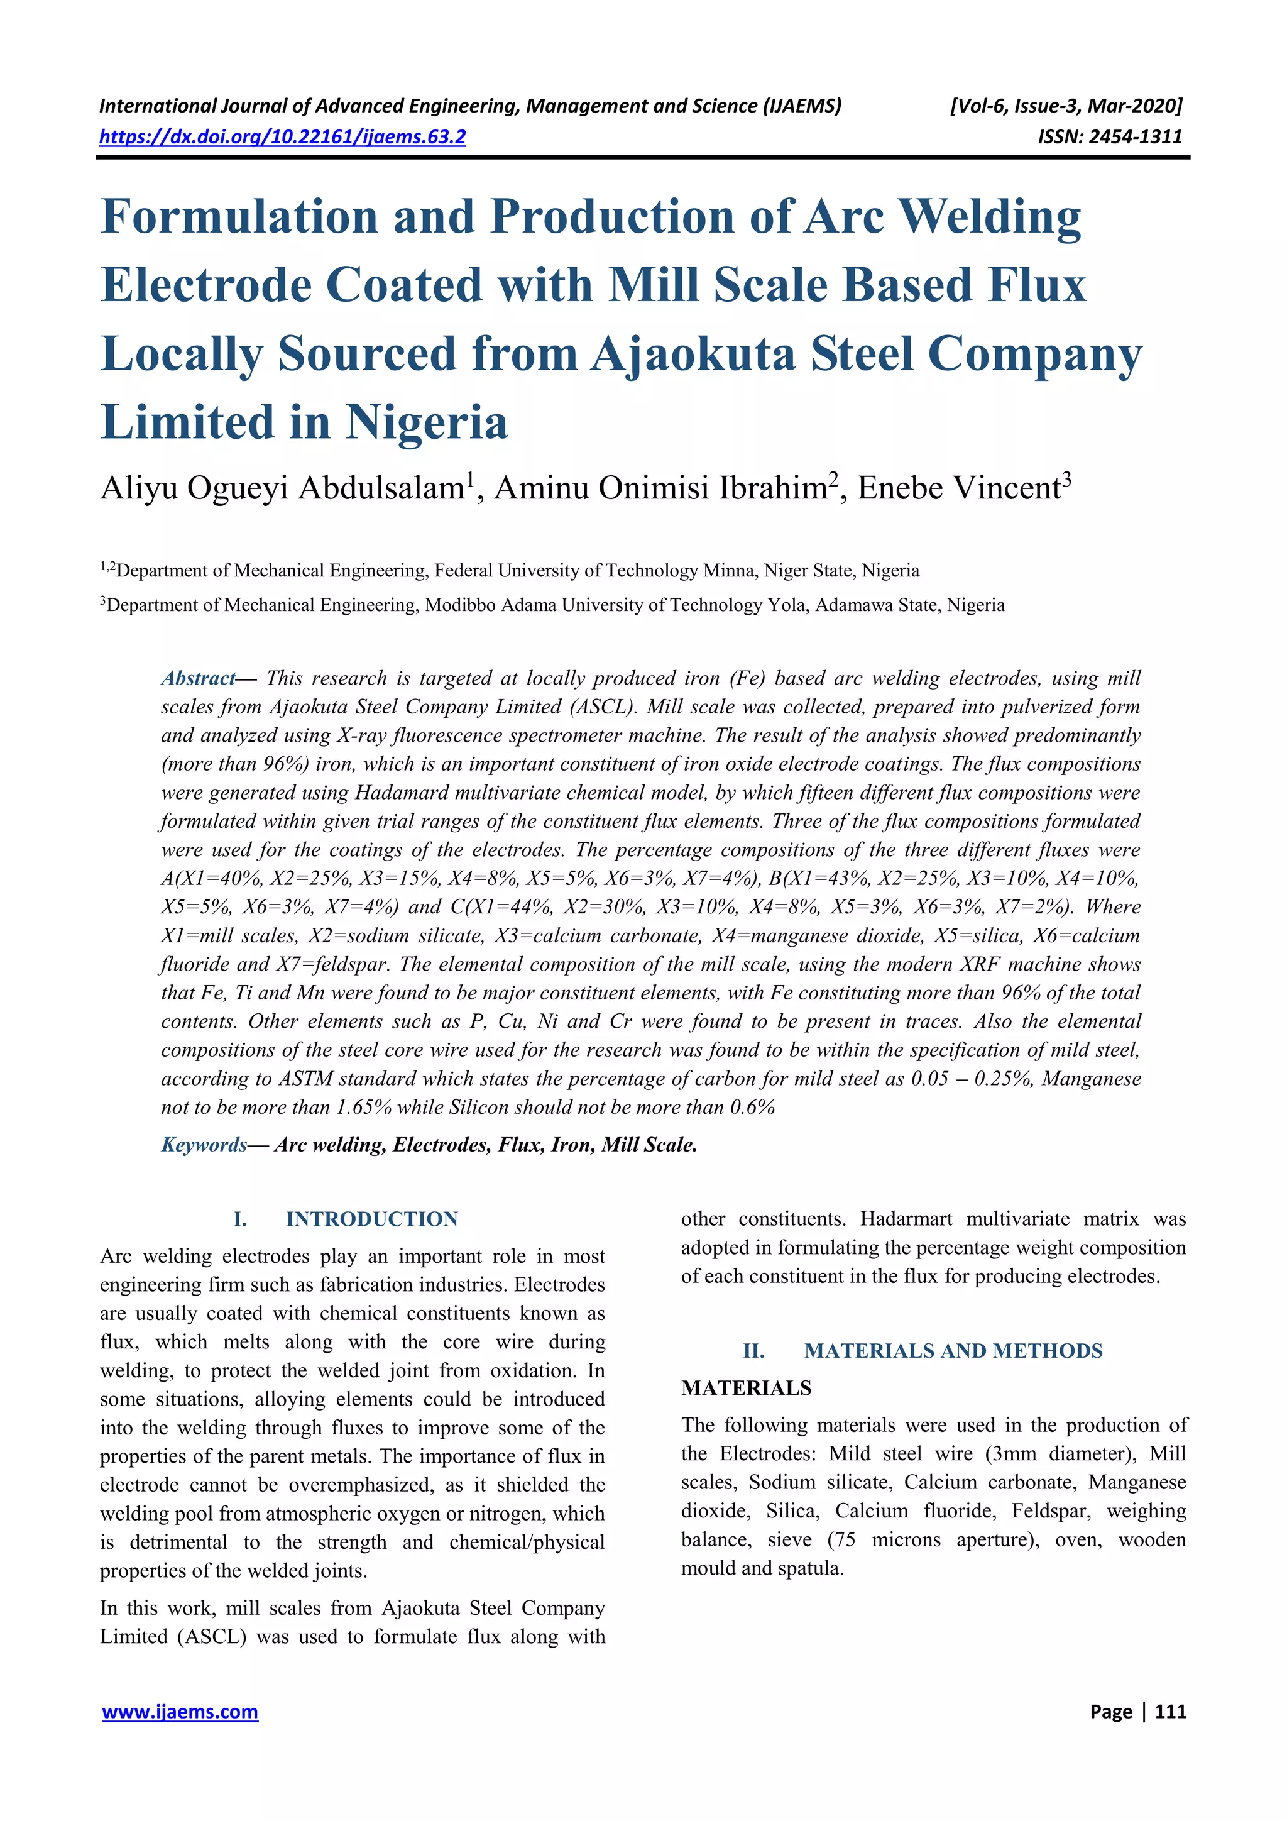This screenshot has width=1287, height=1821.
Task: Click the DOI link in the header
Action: point(282,137)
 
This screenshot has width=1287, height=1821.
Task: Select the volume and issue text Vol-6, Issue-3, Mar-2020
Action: point(1066,106)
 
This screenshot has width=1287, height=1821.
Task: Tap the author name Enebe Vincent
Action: point(959,488)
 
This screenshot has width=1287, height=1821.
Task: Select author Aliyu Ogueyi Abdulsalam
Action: point(282,488)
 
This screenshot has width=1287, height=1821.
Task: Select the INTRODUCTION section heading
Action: point(371,1219)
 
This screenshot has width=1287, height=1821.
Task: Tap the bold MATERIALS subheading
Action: point(745,1388)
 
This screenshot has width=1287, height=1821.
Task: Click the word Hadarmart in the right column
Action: point(909,1219)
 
